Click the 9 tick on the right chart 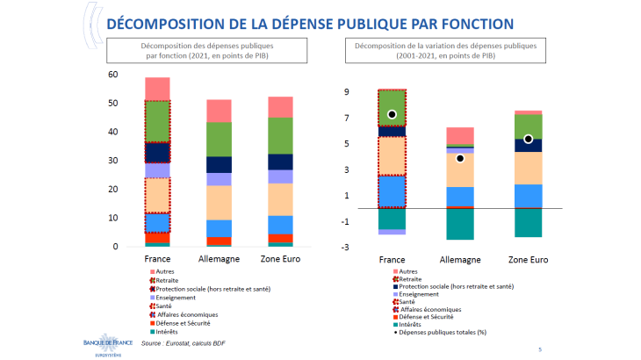348,92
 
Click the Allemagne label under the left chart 206,259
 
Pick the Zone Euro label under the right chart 529,260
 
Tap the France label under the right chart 392,260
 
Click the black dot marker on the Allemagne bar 459,159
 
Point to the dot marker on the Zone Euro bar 528,139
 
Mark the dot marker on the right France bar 392,114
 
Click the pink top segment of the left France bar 157,89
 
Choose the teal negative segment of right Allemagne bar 460,224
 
